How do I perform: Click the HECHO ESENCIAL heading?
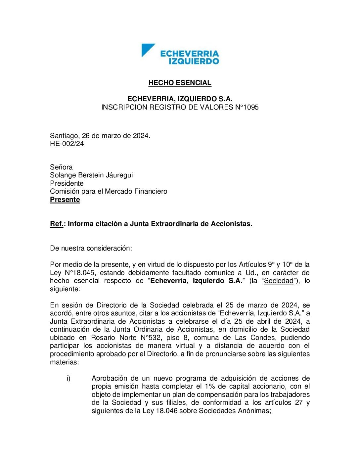coord(180,83)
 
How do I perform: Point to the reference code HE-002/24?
coord(67,144)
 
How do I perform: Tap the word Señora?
coord(61,167)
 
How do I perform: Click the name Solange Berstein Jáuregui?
coord(91,175)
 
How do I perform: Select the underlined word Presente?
coord(65,200)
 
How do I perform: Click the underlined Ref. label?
coord(57,224)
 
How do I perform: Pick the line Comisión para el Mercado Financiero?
coord(109,191)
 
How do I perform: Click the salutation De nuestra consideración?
coord(91,248)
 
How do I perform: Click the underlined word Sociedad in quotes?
coord(279,281)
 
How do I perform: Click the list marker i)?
coord(68,378)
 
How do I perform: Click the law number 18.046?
coord(165,411)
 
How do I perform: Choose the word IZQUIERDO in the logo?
coord(194,61)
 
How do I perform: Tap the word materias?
coord(65,362)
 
